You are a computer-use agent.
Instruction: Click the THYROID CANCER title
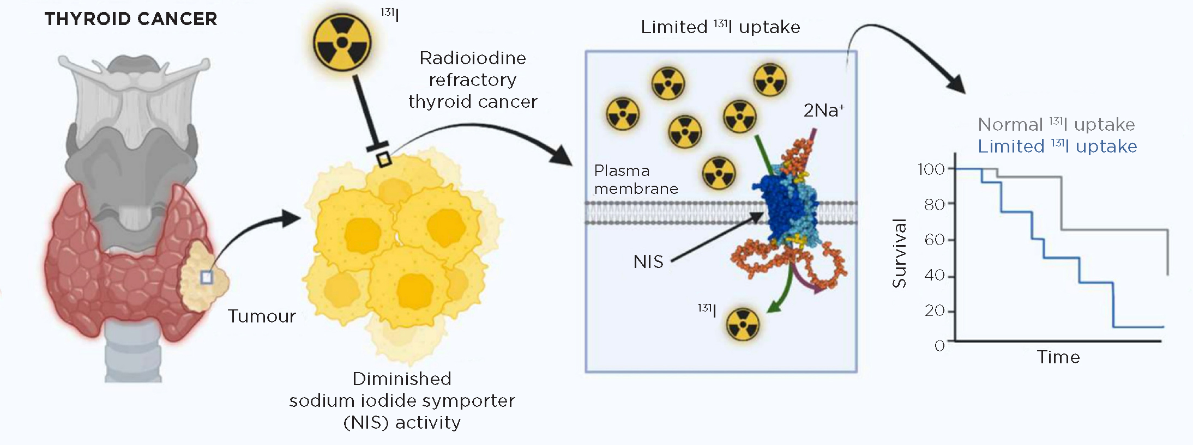(x=131, y=19)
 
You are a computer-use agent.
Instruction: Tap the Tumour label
(x=262, y=316)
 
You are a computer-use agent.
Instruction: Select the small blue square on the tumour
(x=206, y=278)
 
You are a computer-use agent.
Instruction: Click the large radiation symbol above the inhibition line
(x=342, y=42)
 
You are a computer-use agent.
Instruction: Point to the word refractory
(x=473, y=80)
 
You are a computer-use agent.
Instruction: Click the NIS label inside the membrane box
(x=648, y=262)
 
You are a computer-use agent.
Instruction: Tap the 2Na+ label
(x=823, y=111)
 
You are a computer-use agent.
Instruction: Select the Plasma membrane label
(x=636, y=180)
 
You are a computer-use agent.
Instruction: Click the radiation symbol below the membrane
(x=743, y=325)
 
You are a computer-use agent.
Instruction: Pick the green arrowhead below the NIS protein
(x=773, y=308)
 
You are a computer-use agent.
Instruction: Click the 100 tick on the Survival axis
(x=931, y=169)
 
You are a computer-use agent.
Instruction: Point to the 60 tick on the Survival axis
(x=934, y=240)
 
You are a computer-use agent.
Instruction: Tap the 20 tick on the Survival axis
(x=934, y=310)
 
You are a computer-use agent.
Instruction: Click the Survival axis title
(x=899, y=253)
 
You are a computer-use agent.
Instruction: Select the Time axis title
(x=1058, y=357)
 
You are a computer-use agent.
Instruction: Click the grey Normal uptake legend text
(x=1056, y=125)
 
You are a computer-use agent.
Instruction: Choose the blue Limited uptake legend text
(x=1057, y=147)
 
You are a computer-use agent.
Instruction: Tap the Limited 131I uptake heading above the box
(x=720, y=27)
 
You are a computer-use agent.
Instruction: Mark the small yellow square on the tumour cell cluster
(x=384, y=159)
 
